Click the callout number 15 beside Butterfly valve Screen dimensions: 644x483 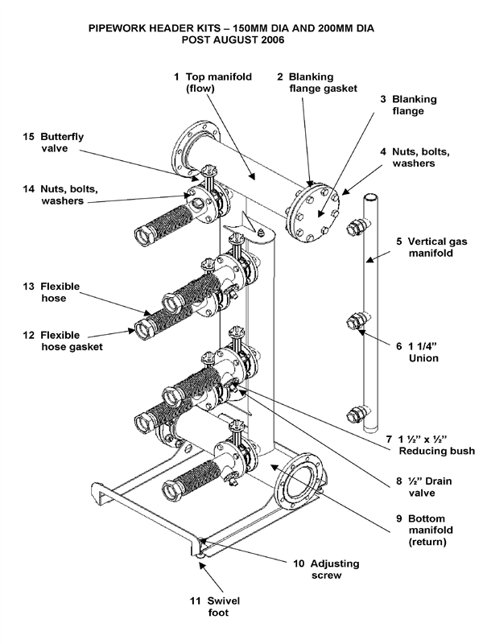coord(27,137)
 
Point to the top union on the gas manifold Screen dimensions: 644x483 coord(353,229)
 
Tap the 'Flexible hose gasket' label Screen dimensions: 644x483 coord(72,341)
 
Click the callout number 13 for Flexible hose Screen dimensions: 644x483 coord(27,286)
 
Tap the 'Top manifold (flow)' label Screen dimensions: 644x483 coord(217,83)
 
